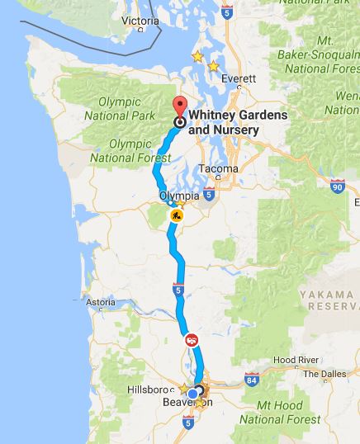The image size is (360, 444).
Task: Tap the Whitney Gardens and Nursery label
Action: point(238,122)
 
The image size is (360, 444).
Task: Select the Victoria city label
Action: point(140,20)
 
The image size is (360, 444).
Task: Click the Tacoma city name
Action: point(219,169)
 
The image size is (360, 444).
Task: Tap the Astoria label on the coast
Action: point(100,303)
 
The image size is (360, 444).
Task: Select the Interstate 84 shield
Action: point(251,380)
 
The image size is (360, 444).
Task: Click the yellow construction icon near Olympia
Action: point(175,216)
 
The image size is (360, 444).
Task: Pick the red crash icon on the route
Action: point(191,338)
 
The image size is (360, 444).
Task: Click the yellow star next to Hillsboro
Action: point(183,387)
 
